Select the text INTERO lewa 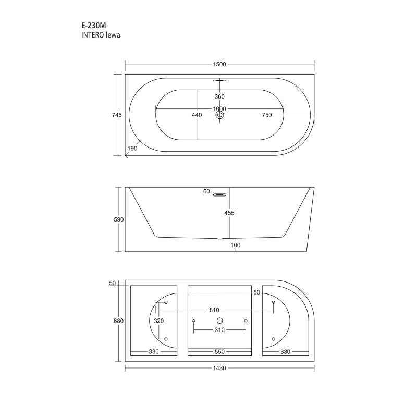pos(99,35)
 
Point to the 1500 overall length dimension pos(219,64)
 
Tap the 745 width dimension pos(117,115)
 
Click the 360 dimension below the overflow pos(219,97)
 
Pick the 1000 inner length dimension pos(219,109)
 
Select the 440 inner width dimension pos(197,115)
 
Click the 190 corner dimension pos(132,149)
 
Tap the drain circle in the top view pos(219,115)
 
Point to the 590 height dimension pos(118,219)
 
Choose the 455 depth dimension pos(229,213)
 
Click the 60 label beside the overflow pos(206,192)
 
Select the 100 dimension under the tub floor pos(236,245)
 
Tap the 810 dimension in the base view pos(214,310)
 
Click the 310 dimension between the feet pos(219,330)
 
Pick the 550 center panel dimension pos(219,352)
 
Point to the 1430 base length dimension pos(219,368)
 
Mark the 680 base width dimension pos(118,321)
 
